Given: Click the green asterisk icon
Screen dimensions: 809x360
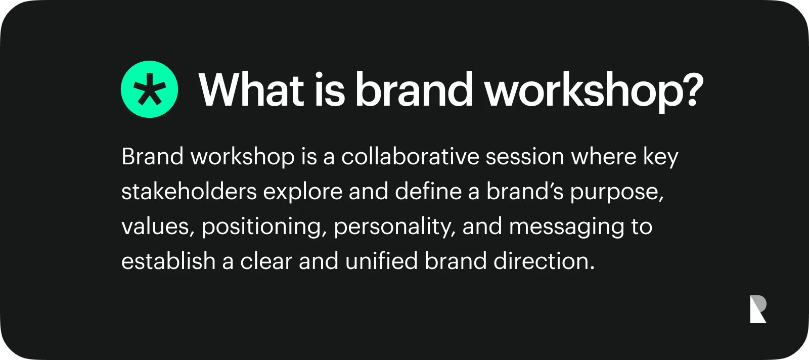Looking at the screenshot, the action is [149, 89].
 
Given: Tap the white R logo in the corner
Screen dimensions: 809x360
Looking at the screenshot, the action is [758, 309].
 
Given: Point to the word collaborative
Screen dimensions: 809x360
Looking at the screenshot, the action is [410, 157].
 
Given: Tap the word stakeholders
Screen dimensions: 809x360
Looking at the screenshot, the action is [189, 191].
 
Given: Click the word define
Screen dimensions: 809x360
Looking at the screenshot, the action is [428, 191].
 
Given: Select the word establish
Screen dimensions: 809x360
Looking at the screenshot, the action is [168, 261].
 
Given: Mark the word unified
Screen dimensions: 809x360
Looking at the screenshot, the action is [381, 261].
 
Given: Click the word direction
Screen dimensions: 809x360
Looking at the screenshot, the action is [544, 261].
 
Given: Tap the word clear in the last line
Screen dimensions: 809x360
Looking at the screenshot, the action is [266, 261].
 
